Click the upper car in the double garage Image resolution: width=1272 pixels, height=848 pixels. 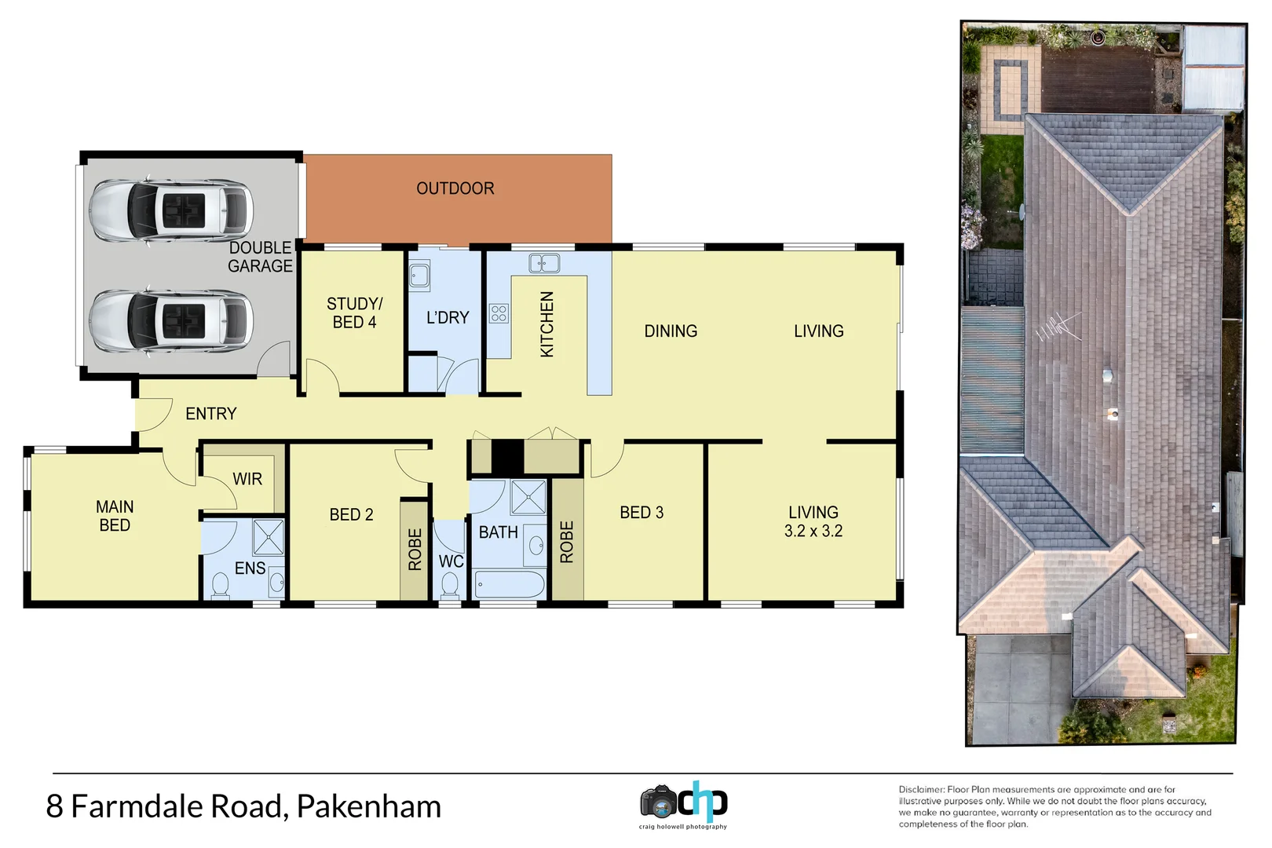click(170, 210)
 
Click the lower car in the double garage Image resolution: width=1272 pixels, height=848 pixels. click(170, 321)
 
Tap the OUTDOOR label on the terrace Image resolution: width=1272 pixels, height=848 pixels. click(455, 188)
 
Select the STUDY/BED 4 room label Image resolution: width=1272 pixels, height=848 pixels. click(354, 313)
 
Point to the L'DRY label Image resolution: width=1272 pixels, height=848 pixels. click(448, 317)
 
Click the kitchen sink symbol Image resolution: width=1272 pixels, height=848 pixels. click(544, 263)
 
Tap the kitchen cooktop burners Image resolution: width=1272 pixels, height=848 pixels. click(499, 314)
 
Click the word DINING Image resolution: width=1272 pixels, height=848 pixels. click(671, 331)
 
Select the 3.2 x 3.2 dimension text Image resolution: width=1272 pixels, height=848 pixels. click(813, 532)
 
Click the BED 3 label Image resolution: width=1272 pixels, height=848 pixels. click(641, 513)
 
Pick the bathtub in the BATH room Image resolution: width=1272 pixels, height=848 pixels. click(510, 585)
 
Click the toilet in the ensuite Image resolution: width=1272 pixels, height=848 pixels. click(221, 586)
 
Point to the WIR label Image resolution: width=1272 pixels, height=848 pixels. click(247, 479)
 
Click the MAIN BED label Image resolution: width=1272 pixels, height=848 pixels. click(115, 516)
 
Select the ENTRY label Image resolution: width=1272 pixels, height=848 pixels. click(210, 414)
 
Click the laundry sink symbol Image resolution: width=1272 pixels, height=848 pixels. click(419, 276)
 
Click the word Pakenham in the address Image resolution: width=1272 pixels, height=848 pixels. click(369, 806)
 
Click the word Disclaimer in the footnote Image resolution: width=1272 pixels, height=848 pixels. click(922, 789)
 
